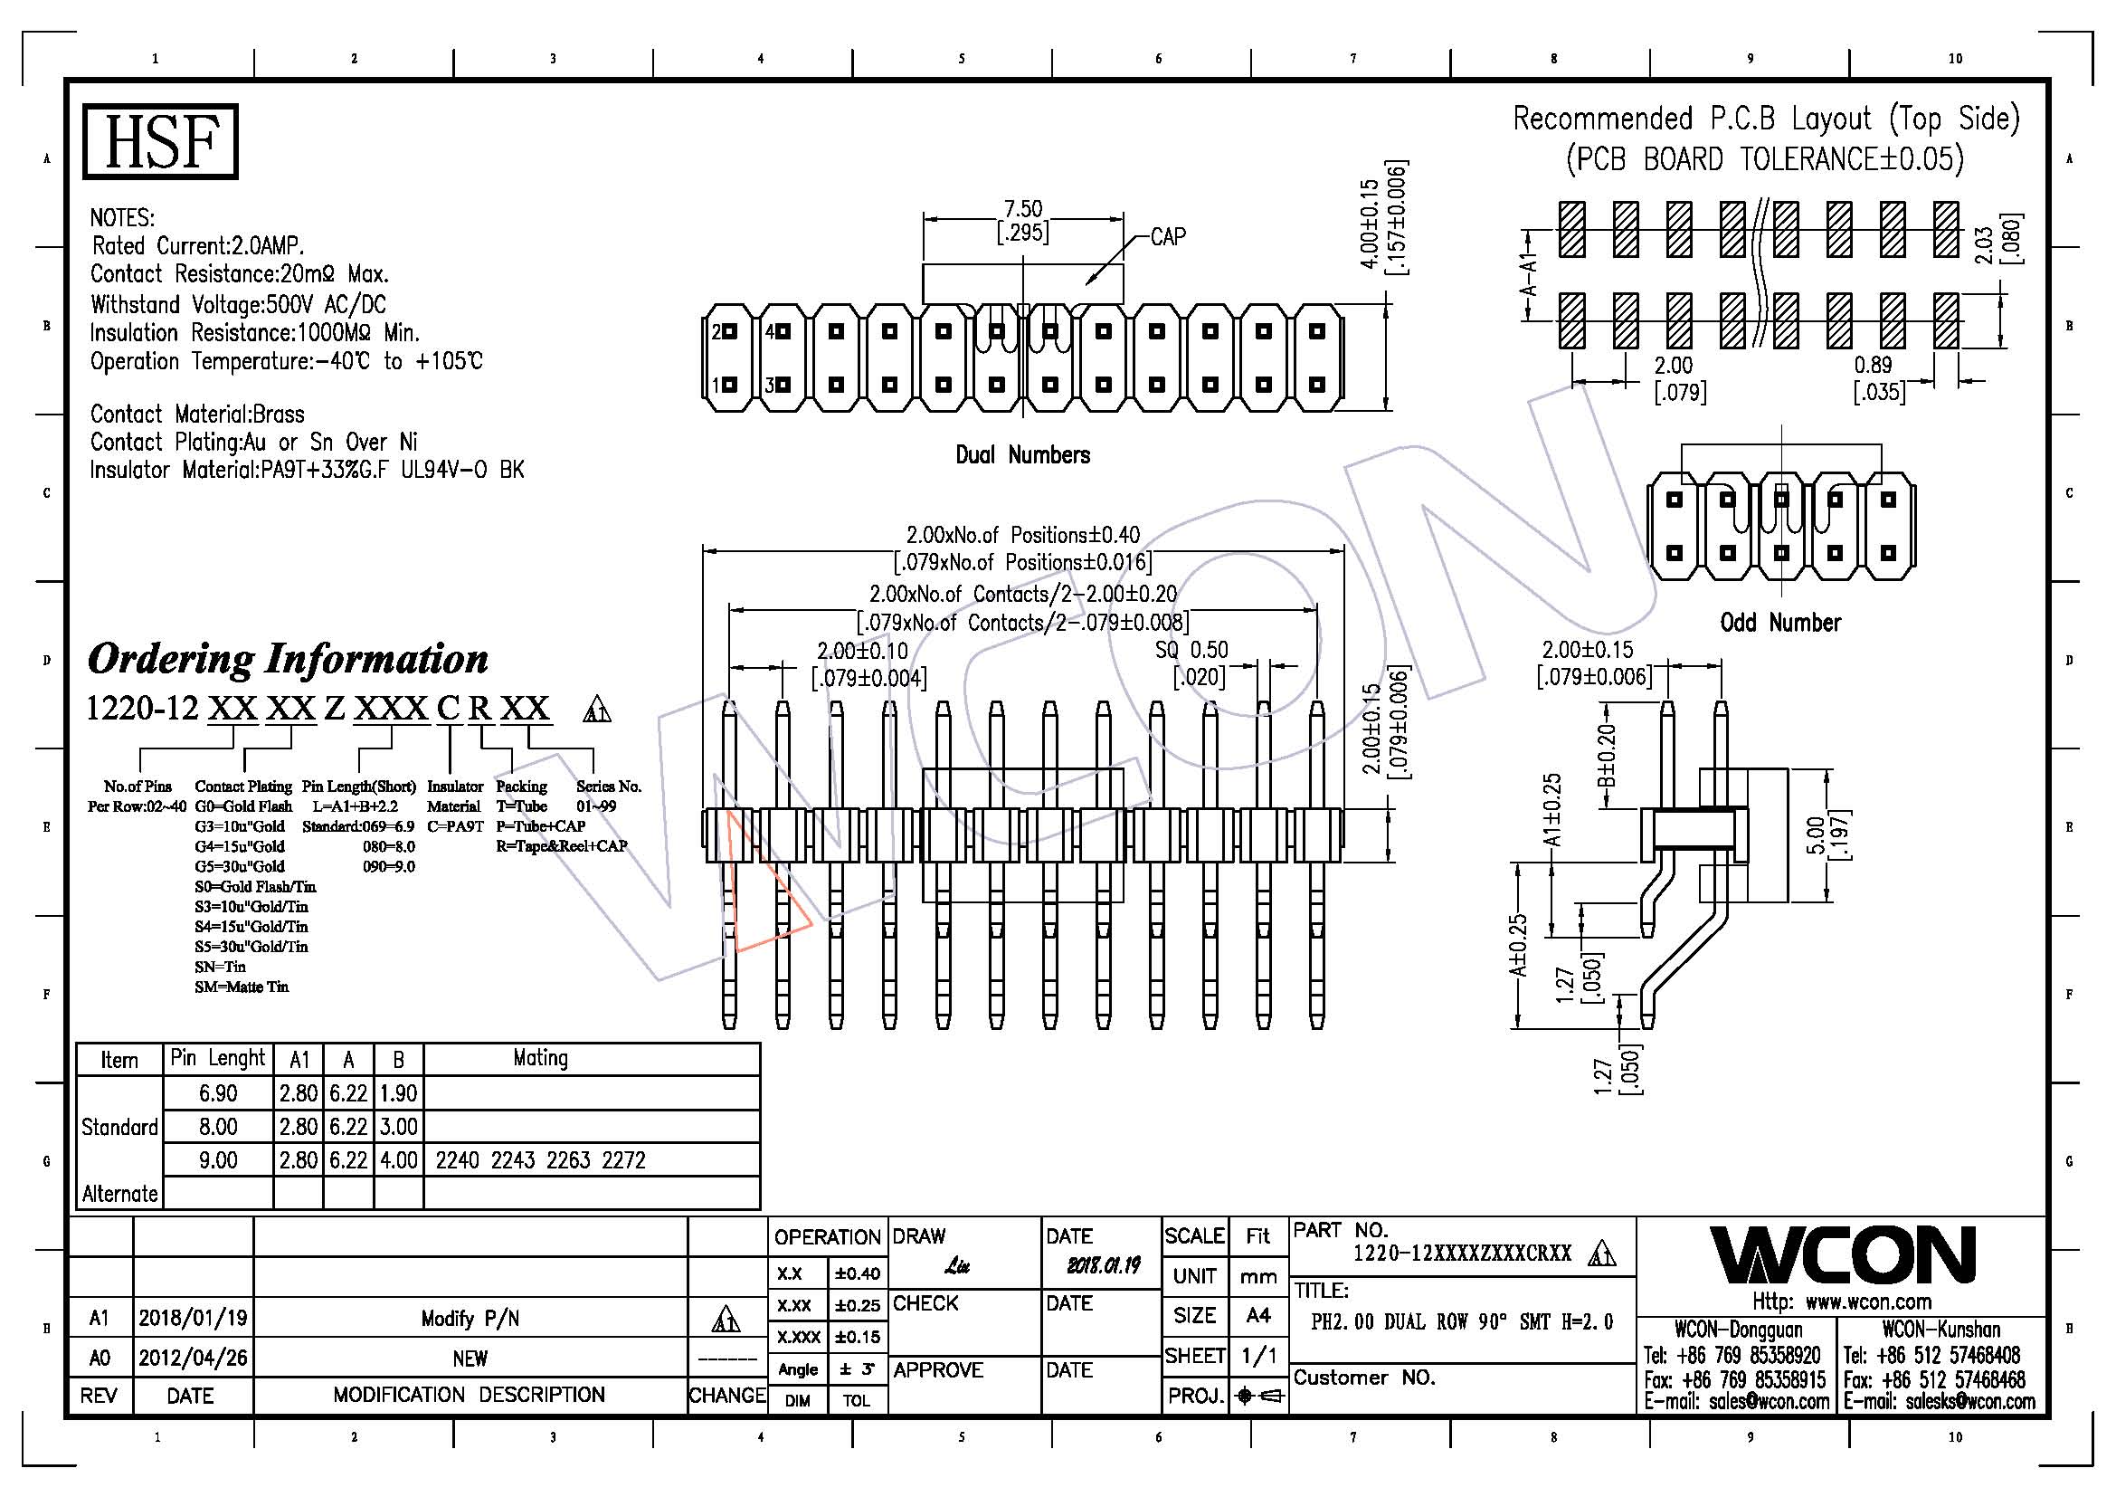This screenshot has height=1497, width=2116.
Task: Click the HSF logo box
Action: point(160,141)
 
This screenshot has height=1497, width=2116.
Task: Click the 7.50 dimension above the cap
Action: point(1022,209)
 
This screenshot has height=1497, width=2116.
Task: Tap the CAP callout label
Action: point(1168,237)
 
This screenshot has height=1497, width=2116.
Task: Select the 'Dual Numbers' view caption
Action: point(1022,454)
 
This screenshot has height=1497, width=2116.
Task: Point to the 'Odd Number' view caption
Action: point(1779,623)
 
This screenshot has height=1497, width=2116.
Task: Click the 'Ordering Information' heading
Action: point(288,659)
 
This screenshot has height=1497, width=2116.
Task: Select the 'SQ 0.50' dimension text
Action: point(1191,650)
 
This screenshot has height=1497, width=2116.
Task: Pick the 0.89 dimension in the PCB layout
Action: point(1873,365)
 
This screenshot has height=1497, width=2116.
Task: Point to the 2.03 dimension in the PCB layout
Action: point(1984,244)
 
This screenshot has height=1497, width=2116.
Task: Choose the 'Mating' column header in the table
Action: point(540,1058)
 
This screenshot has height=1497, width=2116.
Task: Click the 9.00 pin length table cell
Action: point(217,1159)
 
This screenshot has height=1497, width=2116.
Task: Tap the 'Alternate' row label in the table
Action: point(119,1194)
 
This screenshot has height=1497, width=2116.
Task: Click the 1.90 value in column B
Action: point(398,1093)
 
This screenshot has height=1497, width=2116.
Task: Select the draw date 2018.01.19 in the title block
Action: point(1103,1265)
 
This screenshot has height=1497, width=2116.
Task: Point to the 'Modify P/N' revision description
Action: point(470,1319)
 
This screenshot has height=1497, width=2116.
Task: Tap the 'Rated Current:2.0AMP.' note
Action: point(198,246)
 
